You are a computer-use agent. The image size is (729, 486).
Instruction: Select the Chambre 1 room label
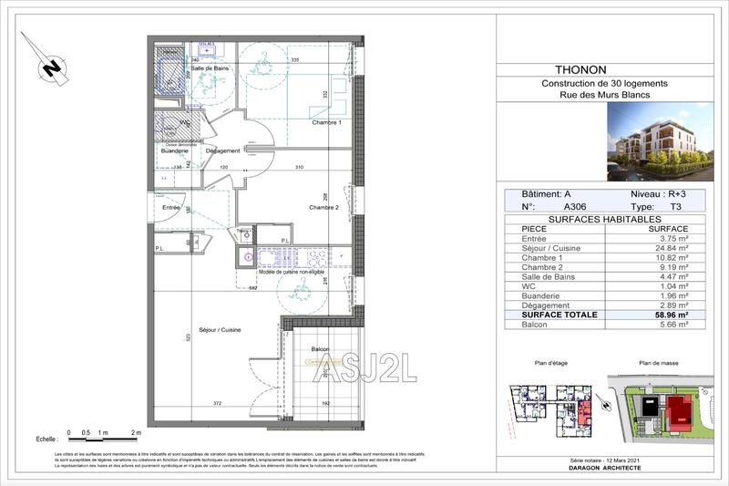pyautogui.click(x=326, y=123)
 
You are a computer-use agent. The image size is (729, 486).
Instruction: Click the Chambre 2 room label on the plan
pyautogui.click(x=323, y=207)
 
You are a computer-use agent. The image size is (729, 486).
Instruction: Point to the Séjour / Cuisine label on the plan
pyautogui.click(x=220, y=329)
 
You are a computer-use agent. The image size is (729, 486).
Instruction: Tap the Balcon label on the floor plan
pyautogui.click(x=320, y=349)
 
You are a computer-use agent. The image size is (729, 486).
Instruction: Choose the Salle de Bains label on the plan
pyautogui.click(x=209, y=68)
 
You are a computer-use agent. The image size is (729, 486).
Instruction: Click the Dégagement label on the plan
pyautogui.click(x=222, y=150)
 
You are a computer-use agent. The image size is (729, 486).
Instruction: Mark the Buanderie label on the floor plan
pyautogui.click(x=175, y=150)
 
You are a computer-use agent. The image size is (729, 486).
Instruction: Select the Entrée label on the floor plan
pyautogui.click(x=170, y=208)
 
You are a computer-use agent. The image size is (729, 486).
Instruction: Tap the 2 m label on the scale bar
pyautogui.click(x=137, y=431)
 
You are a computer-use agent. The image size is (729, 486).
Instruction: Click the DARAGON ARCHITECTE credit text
pyautogui.click(x=602, y=467)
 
